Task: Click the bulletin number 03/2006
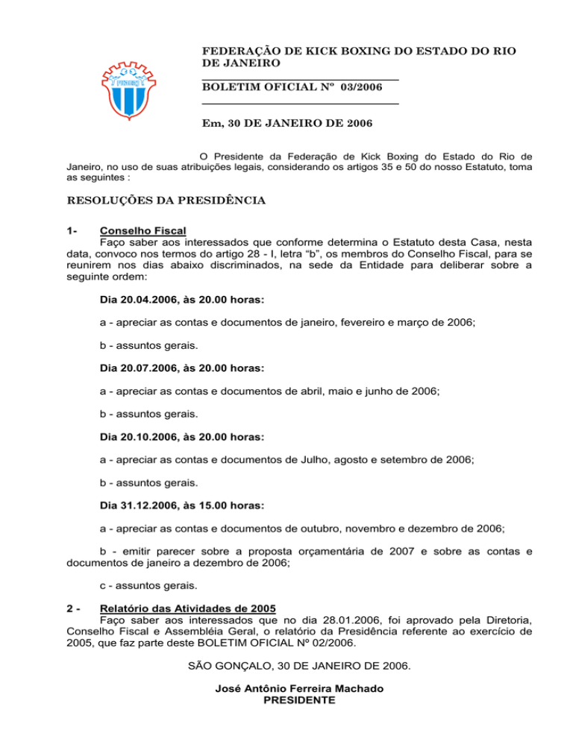361,88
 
